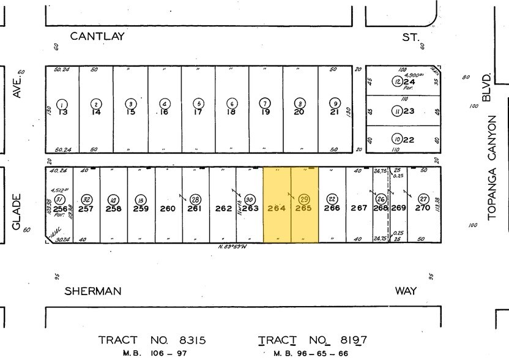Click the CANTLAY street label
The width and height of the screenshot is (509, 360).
[97, 36]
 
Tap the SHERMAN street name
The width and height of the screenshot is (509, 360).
[94, 291]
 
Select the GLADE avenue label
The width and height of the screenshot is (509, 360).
[17, 212]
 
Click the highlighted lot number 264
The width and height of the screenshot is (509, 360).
[277, 208]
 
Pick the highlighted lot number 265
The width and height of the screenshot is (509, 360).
[303, 208]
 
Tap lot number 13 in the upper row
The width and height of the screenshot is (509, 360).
[62, 112]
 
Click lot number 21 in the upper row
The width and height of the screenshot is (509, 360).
[334, 112]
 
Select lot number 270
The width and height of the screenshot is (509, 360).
[423, 208]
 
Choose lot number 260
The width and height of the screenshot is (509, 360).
[168, 208]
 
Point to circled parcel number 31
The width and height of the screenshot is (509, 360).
[59, 200]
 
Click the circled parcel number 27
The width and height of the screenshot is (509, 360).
[423, 199]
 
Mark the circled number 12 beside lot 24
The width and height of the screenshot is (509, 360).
[397, 81]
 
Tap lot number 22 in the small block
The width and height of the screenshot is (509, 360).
[409, 140]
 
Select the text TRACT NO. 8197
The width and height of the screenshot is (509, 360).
[312, 340]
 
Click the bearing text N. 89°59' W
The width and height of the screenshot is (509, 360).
[231, 247]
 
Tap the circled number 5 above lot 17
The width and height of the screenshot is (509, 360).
[198, 103]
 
